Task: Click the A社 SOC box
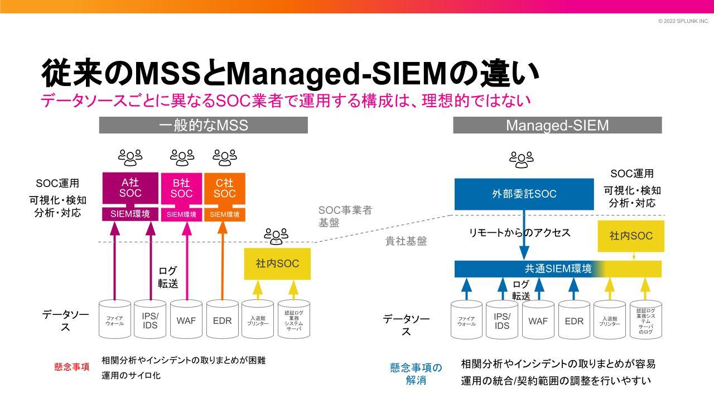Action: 130,188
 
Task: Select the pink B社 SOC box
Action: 181,188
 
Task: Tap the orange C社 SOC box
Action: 224,188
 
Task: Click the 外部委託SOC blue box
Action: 524,194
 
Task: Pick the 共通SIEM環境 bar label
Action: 558,269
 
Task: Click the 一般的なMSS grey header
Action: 203,125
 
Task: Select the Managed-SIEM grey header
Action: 557,125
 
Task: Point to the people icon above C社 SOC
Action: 225,158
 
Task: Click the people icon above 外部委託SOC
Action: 521,160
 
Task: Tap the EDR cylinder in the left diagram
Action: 222,320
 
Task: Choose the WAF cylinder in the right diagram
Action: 538,320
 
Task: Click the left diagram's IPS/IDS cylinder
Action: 150,320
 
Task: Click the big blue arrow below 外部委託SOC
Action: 524,234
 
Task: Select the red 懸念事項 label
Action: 71,367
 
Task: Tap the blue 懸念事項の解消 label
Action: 416,374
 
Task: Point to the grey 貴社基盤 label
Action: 406,241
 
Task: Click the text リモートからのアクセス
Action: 519,233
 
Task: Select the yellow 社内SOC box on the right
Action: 631,236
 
